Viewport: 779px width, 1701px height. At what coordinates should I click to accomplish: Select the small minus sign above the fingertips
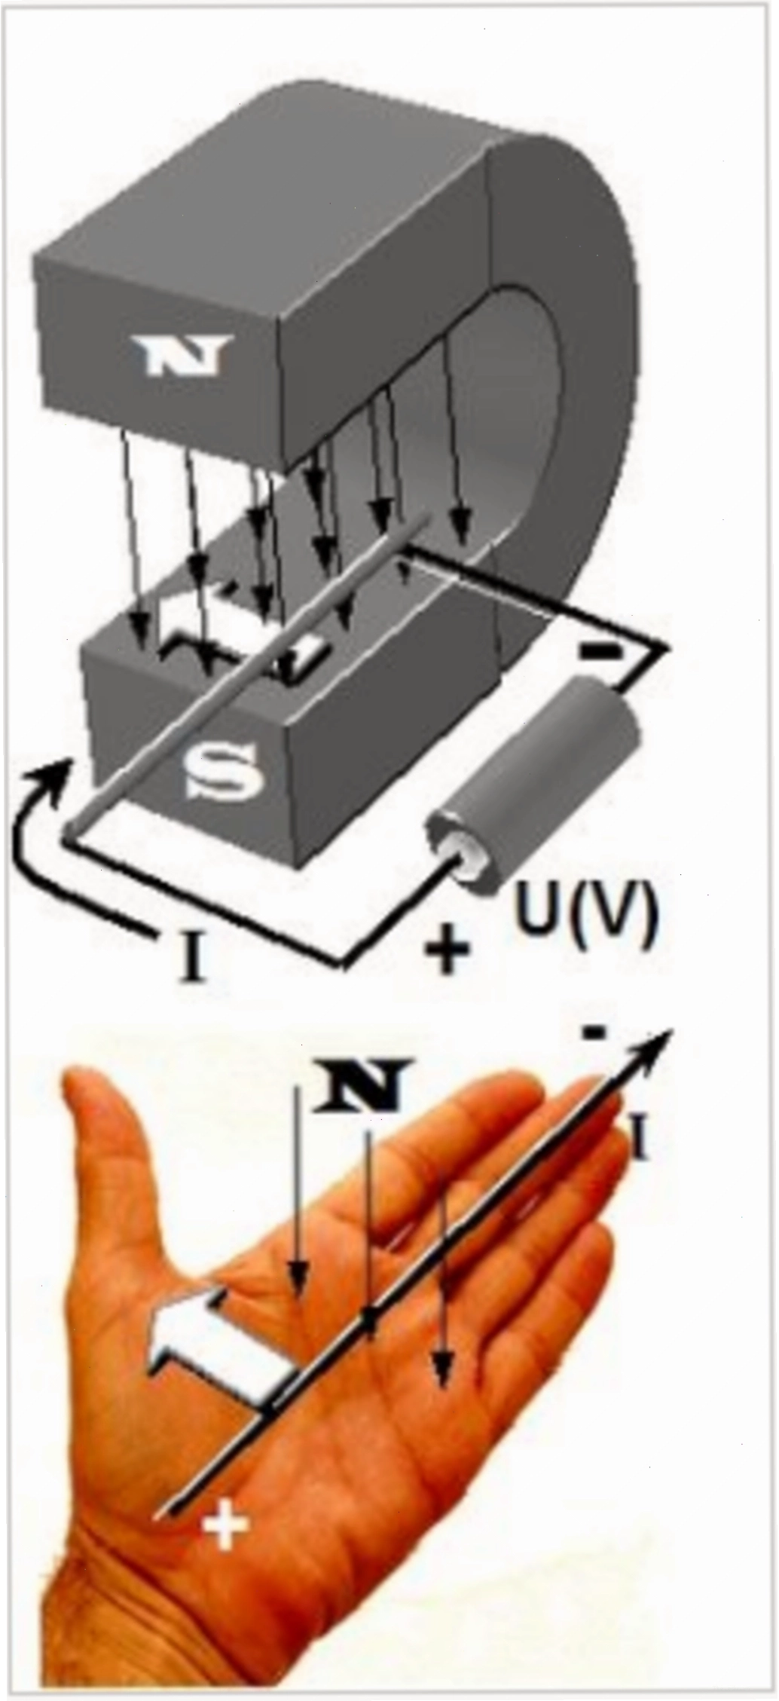coord(594,1034)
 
